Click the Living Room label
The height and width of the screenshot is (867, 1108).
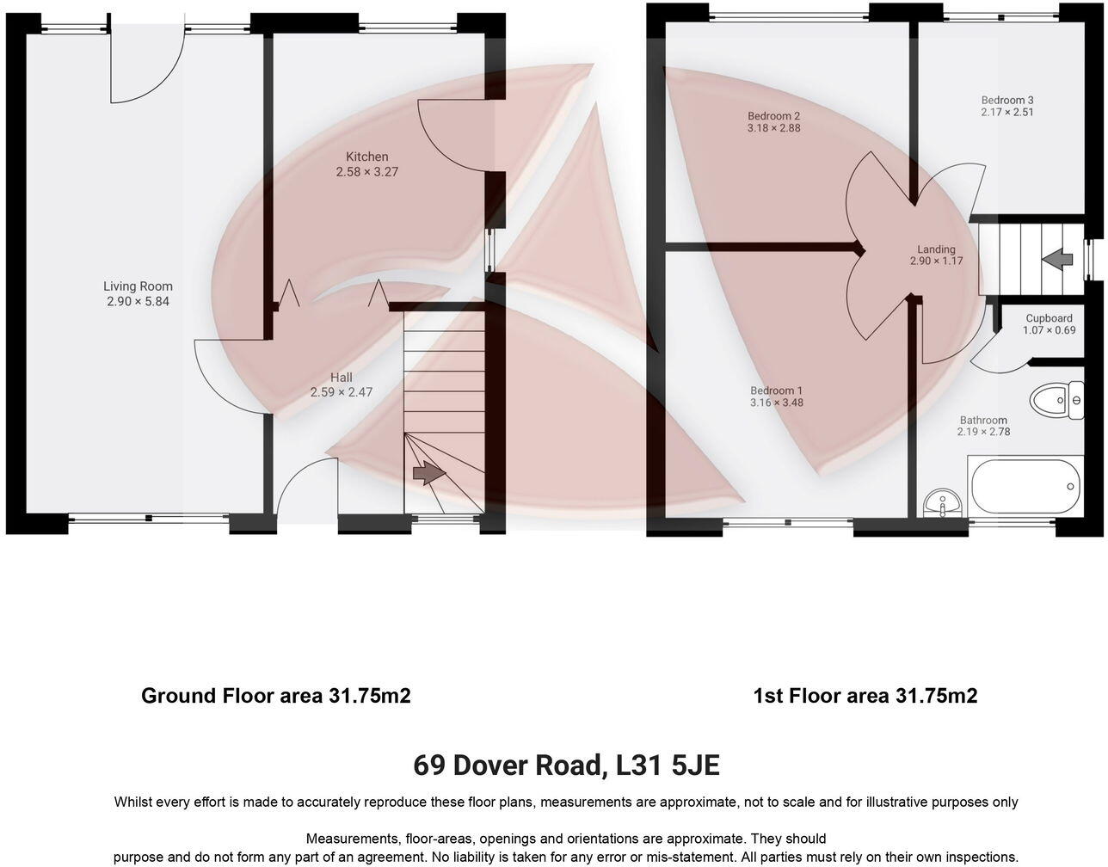tap(138, 286)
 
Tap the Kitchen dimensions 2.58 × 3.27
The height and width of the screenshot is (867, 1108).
tap(366, 172)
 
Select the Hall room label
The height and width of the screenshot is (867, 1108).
tap(342, 378)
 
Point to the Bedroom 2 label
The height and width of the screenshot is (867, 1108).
tap(773, 116)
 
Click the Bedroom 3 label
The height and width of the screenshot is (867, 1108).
tap(1007, 100)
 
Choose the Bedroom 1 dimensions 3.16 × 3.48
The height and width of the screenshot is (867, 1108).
tap(776, 403)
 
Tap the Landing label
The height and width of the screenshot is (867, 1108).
tap(936, 249)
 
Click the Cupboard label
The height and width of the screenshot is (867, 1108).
tap(1049, 318)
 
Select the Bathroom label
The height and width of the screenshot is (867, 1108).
tap(983, 421)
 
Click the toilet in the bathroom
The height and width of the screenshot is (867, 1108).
tap(1056, 400)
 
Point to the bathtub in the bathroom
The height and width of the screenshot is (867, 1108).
tap(1024, 487)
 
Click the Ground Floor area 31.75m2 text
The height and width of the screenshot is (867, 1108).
tap(275, 696)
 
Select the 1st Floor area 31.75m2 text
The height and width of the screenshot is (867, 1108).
tap(865, 696)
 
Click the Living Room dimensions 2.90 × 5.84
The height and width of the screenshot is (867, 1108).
tap(138, 302)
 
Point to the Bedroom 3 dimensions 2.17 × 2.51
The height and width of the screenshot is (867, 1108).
tap(1007, 112)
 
